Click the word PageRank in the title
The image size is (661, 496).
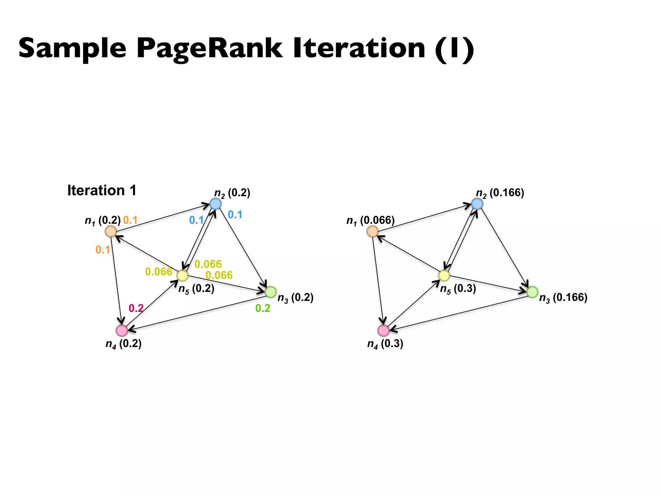coord(209,48)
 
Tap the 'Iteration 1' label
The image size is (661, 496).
coord(102,191)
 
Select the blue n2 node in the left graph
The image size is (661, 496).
coord(215,204)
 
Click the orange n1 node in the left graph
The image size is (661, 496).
coord(111,231)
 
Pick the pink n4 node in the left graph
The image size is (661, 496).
coord(122,330)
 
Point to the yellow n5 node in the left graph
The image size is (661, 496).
coord(182,275)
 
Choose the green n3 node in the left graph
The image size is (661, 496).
coord(271,292)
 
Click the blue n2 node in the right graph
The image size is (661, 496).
coord(477,204)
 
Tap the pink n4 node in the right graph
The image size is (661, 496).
coord(383,330)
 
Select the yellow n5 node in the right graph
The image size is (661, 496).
coord(444,275)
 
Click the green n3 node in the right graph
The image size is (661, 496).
coord(533,292)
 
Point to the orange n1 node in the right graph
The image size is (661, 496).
coord(372,231)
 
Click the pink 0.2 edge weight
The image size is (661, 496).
coord(136,308)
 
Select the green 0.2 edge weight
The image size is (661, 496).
coord(263,308)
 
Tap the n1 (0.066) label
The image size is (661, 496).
coord(370,221)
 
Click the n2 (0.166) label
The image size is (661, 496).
coord(500,193)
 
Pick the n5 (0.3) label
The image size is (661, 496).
coord(458,289)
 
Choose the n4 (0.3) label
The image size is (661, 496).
coord(385,344)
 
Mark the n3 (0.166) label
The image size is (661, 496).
coord(563,298)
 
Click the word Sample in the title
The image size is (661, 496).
coord(72,48)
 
